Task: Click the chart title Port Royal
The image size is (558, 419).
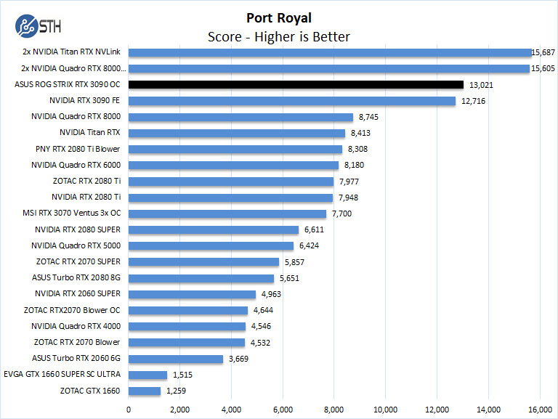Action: [x=278, y=18]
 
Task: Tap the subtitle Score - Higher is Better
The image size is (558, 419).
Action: [x=278, y=36]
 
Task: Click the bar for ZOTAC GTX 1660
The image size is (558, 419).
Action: [x=144, y=391]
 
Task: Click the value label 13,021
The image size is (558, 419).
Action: [x=482, y=85]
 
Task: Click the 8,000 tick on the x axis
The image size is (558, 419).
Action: [x=333, y=408]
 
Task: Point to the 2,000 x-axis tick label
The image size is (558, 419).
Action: [x=179, y=408]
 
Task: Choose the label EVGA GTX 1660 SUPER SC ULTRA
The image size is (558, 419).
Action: [x=68, y=375]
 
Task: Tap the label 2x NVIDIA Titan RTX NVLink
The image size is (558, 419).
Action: [x=71, y=52]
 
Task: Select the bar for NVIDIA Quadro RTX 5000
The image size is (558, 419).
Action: [x=211, y=245]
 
